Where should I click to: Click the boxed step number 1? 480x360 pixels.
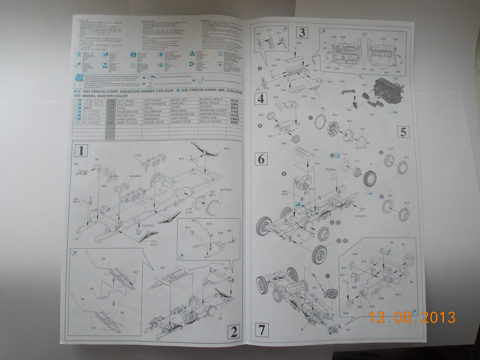tap(81, 150)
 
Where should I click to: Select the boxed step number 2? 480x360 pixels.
tap(234, 331)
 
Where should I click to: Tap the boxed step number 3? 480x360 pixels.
tap(302, 32)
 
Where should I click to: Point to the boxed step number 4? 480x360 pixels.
tap(261, 98)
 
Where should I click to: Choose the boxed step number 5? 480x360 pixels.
tap(403, 132)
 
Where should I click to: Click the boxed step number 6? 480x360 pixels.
tap(261, 159)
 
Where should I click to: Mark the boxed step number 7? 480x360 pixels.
tap(262, 330)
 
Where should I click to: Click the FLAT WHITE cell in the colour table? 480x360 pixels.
tap(125, 101)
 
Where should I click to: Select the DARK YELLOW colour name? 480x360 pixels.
tap(127, 123)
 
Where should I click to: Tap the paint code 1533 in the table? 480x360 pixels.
tap(111, 115)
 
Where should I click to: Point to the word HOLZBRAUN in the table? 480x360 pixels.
tap(153, 111)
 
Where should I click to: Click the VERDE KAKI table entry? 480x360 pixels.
tap(208, 118)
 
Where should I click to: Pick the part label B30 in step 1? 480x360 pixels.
tap(226, 149)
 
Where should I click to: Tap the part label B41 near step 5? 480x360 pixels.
tap(323, 109)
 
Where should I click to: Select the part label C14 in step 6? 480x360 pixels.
tap(345, 154)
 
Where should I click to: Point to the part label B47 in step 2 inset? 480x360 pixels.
tap(230, 231)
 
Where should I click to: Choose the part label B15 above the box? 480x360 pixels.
tap(316, 150)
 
